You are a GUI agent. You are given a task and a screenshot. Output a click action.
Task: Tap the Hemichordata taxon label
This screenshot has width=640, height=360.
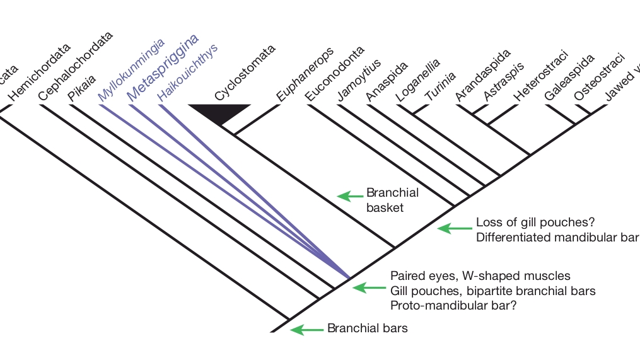[40, 71]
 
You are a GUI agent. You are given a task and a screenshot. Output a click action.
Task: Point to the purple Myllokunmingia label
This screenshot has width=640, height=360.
[131, 69]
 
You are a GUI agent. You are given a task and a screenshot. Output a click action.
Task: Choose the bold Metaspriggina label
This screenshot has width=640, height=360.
[163, 67]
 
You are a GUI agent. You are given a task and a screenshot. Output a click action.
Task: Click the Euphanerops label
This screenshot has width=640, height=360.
[305, 74]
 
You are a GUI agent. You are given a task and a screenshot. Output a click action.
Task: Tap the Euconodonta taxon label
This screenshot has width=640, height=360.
[335, 74]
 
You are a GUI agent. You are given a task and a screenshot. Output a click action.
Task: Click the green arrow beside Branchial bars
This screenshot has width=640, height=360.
[305, 328]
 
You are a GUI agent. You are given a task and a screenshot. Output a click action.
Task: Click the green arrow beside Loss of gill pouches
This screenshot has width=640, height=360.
[452, 229]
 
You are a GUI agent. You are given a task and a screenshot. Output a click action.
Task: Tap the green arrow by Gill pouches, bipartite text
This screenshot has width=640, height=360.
[366, 287]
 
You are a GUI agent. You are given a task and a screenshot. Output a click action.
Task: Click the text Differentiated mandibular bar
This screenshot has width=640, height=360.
[557, 237]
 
